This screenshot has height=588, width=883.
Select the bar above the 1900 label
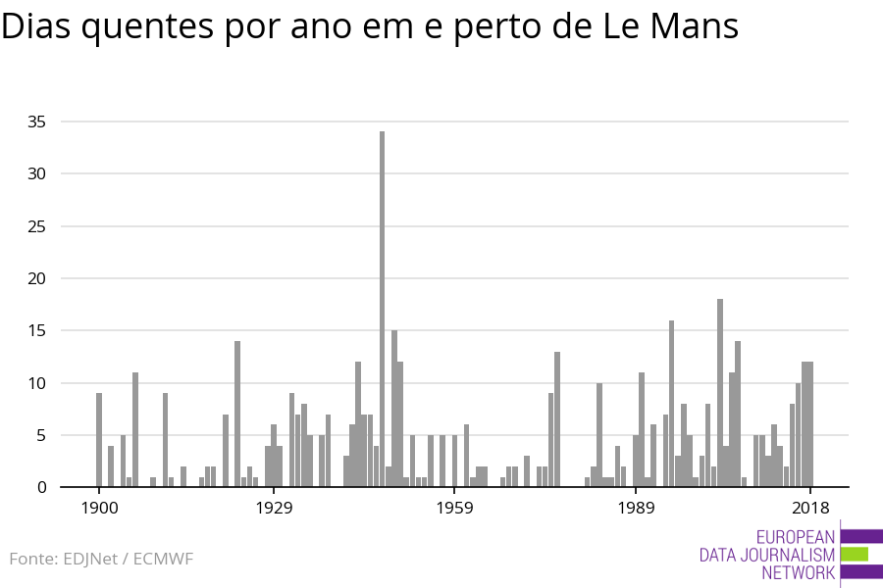[x=99, y=440]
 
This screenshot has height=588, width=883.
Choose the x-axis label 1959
[x=454, y=508]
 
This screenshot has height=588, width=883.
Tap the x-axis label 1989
[x=636, y=508]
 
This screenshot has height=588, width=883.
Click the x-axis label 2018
[x=810, y=508]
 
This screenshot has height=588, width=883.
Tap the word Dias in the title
[x=36, y=27]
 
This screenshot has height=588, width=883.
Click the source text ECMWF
[x=163, y=560]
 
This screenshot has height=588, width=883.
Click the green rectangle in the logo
[x=855, y=555]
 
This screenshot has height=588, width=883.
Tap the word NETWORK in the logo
[x=798, y=573]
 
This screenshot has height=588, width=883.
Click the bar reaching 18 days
[x=720, y=393]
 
